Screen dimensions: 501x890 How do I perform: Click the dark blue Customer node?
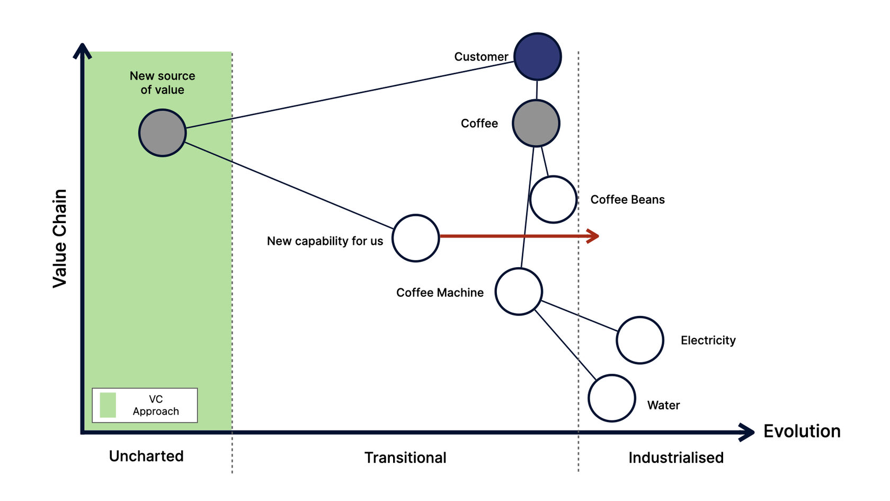tap(537, 57)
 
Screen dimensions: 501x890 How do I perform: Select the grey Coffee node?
tap(536, 124)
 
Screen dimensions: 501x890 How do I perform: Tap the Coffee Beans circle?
tap(553, 200)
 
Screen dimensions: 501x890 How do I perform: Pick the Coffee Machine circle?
tap(519, 292)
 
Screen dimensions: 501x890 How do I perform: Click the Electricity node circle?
tap(640, 340)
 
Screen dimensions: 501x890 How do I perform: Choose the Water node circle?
tap(612, 398)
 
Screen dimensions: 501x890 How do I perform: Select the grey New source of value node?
tap(162, 133)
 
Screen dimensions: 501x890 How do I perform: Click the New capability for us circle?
tap(416, 238)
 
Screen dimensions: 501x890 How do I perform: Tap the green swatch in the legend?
tap(108, 405)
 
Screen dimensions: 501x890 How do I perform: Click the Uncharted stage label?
tap(146, 456)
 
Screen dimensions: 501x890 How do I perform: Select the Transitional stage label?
tap(405, 458)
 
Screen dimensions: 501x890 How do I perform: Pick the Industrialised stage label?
tap(676, 458)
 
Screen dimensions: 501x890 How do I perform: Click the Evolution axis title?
tap(802, 432)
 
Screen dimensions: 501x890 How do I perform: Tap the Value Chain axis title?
tap(60, 239)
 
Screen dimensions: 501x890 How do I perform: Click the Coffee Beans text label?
tap(627, 200)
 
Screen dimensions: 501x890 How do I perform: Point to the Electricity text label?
tap(708, 340)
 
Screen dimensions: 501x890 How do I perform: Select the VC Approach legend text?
tap(156, 405)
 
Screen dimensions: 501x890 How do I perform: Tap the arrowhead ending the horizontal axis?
tap(748, 432)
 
